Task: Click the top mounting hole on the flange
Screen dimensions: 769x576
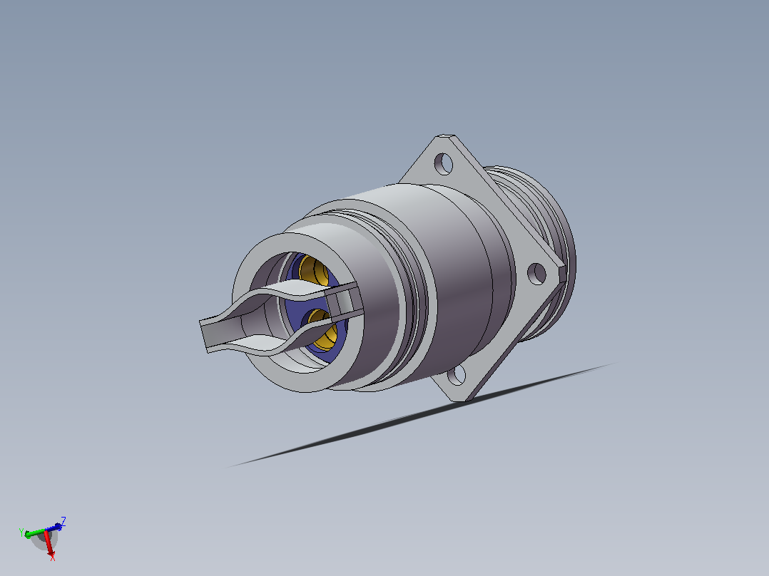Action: coord(444,164)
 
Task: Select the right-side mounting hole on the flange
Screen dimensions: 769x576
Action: coord(536,274)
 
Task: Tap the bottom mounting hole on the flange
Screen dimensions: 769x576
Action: coord(457,376)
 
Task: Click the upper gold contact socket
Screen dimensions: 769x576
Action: coord(314,270)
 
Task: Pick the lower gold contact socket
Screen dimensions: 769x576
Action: coord(322,330)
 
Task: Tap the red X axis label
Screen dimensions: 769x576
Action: coord(52,556)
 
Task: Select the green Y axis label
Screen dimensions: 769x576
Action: coord(21,533)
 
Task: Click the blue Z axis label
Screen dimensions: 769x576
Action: coord(63,520)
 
